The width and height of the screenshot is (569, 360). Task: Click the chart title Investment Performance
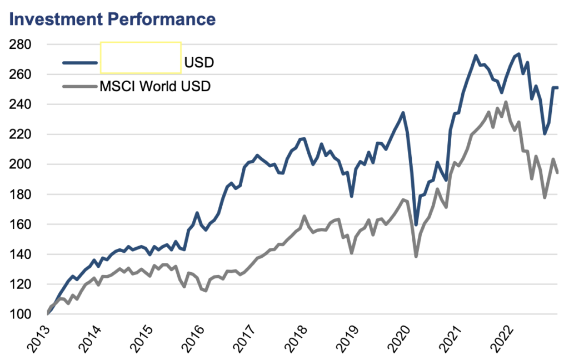click(111, 19)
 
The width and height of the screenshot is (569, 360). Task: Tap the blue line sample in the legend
click(80, 62)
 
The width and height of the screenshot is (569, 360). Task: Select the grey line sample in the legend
click(80, 87)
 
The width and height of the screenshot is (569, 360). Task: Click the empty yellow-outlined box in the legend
click(141, 58)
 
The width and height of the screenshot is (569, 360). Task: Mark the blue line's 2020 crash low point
click(416, 224)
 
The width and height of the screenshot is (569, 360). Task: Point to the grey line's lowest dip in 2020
click(416, 256)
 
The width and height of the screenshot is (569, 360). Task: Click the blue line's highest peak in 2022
click(518, 54)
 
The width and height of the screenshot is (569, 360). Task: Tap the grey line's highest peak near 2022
click(506, 102)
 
